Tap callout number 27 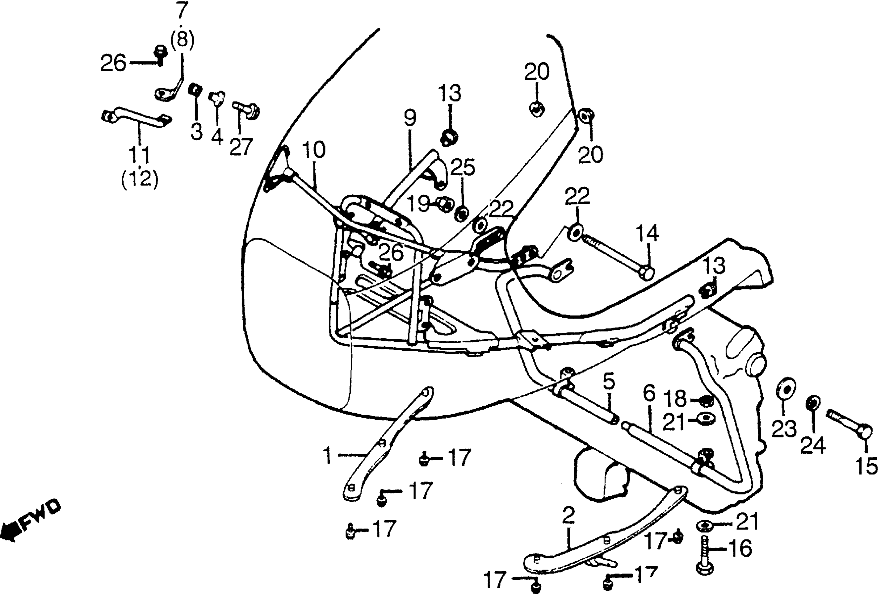pos(241,147)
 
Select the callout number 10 pos(314,150)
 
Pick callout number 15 pos(867,466)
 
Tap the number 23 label pos(784,429)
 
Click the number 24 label pos(812,446)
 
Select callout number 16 pos(740,549)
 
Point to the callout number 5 pos(609,382)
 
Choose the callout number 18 pos(675,399)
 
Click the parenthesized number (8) pos(182,39)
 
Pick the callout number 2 pos(568,516)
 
